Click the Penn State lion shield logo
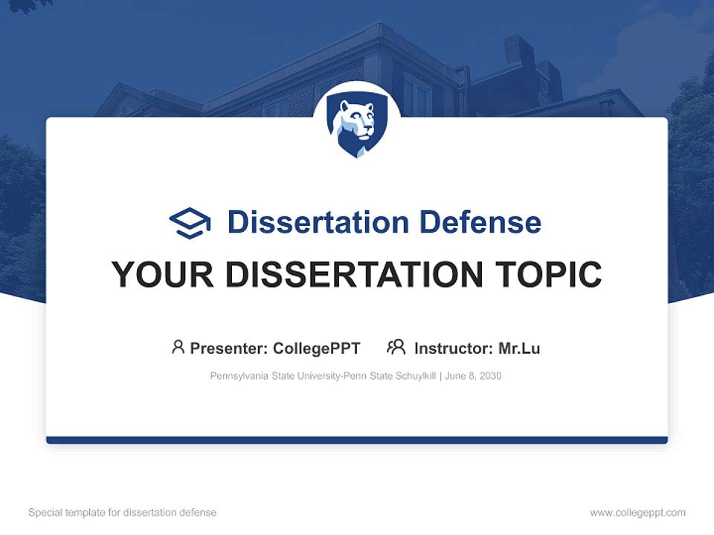(357, 124)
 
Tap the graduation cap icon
(190, 223)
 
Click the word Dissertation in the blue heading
(318, 222)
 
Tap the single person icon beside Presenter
(178, 347)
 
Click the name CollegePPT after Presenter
(317, 348)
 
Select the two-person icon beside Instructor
(396, 347)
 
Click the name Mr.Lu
(519, 348)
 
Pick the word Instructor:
(453, 348)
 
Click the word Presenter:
(229, 348)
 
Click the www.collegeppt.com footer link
(637, 513)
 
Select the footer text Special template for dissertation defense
(123, 513)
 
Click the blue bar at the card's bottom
(357, 440)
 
